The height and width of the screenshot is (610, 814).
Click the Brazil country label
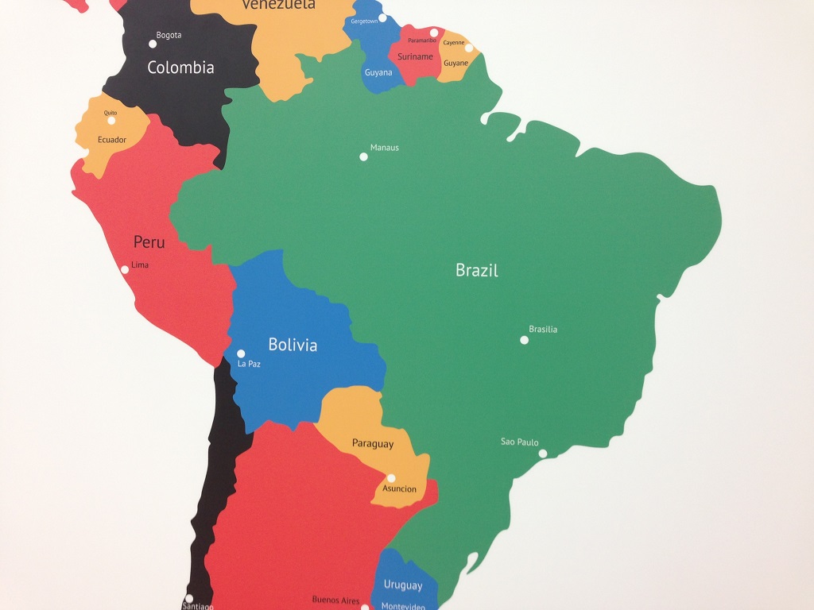click(x=477, y=270)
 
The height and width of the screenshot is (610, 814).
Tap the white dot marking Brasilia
click(x=524, y=340)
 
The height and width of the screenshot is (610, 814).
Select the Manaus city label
click(x=385, y=148)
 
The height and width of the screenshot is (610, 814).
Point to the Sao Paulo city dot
click(x=543, y=454)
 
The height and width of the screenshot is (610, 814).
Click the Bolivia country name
click(x=293, y=345)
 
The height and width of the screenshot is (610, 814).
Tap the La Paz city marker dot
click(x=241, y=353)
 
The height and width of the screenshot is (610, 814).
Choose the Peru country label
click(x=149, y=241)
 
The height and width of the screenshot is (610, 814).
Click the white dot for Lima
click(x=125, y=270)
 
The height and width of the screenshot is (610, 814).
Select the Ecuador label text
click(x=112, y=140)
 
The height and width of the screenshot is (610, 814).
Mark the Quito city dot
click(x=111, y=121)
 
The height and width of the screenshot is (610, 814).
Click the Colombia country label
click(x=180, y=68)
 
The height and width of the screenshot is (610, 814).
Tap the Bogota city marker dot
click(x=153, y=44)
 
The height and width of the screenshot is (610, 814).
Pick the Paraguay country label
click(x=373, y=444)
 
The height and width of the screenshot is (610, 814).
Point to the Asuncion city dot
click(x=391, y=478)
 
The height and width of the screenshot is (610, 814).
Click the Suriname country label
click(x=416, y=56)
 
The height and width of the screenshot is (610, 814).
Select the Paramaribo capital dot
click(x=434, y=33)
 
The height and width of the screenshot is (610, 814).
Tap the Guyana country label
click(x=378, y=72)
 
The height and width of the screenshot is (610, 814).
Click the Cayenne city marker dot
click(x=469, y=48)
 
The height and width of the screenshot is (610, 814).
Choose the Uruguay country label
click(x=403, y=585)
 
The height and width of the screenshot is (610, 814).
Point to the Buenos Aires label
click(x=335, y=600)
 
